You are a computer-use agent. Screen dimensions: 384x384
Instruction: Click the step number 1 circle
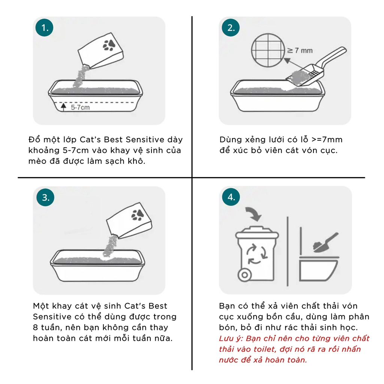pyautogui.click(x=44, y=28)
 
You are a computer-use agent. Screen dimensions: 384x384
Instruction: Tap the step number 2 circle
pyautogui.click(x=231, y=28)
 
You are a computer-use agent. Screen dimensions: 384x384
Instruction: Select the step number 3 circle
pyautogui.click(x=45, y=197)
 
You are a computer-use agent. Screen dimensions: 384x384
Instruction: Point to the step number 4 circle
pyautogui.click(x=231, y=197)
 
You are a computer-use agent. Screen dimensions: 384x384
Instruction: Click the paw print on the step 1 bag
pyautogui.click(x=109, y=45)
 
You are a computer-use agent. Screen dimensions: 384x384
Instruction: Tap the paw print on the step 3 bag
pyautogui.click(x=138, y=215)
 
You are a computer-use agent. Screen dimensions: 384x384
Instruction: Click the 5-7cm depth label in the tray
pyautogui.click(x=80, y=107)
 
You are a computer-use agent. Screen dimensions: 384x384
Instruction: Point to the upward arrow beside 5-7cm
pyautogui.click(x=63, y=107)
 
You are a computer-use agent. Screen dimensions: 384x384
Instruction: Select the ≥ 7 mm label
pyautogui.click(x=300, y=51)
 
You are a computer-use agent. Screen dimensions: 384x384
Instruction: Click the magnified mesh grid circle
pyautogui.click(x=268, y=50)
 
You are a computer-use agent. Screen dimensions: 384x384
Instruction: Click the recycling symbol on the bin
pyautogui.click(x=256, y=254)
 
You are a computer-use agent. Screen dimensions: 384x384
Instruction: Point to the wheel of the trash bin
pyautogui.click(x=244, y=275)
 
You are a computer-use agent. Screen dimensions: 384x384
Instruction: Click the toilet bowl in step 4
pyautogui.click(x=318, y=268)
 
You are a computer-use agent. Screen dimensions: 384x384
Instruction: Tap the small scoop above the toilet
pyautogui.click(x=326, y=243)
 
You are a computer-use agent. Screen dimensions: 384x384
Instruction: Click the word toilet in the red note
pyautogui.click(x=264, y=349)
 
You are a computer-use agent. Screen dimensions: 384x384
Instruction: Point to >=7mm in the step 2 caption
pyautogui.click(x=327, y=139)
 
